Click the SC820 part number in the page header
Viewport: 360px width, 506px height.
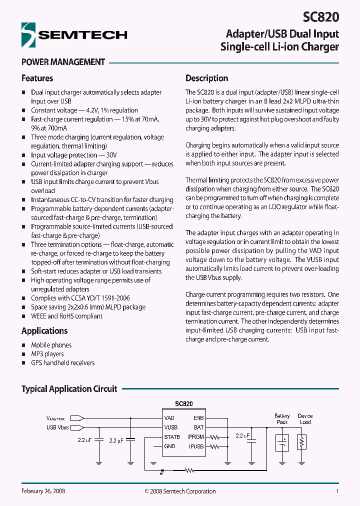pos(320,17)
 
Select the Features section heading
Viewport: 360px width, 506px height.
pos(37,78)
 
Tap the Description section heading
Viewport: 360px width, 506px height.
pos(206,78)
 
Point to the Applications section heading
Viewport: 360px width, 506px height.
pos(44,331)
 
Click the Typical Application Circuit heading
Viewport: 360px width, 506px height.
pos(69,388)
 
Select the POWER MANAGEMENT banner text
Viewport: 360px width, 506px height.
pos(63,62)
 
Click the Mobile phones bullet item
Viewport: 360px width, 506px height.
pos(51,345)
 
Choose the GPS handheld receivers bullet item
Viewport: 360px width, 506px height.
pos(62,363)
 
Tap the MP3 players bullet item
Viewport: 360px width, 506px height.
pos(47,354)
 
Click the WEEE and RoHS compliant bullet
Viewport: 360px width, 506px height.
pos(66,316)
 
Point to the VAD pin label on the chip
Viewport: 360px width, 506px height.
pos(169,418)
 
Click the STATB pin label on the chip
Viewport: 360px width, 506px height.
pos(171,437)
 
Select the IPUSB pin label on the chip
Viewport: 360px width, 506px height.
pos(195,446)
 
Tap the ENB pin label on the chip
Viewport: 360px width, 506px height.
pos(198,418)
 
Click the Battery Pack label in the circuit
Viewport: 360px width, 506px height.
pos(282,419)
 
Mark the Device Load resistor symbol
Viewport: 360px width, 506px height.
pos(301,441)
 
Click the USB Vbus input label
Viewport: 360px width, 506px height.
pos(57,427)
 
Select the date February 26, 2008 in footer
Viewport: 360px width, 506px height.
pos(43,491)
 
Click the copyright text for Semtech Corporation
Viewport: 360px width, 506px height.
pos(180,491)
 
